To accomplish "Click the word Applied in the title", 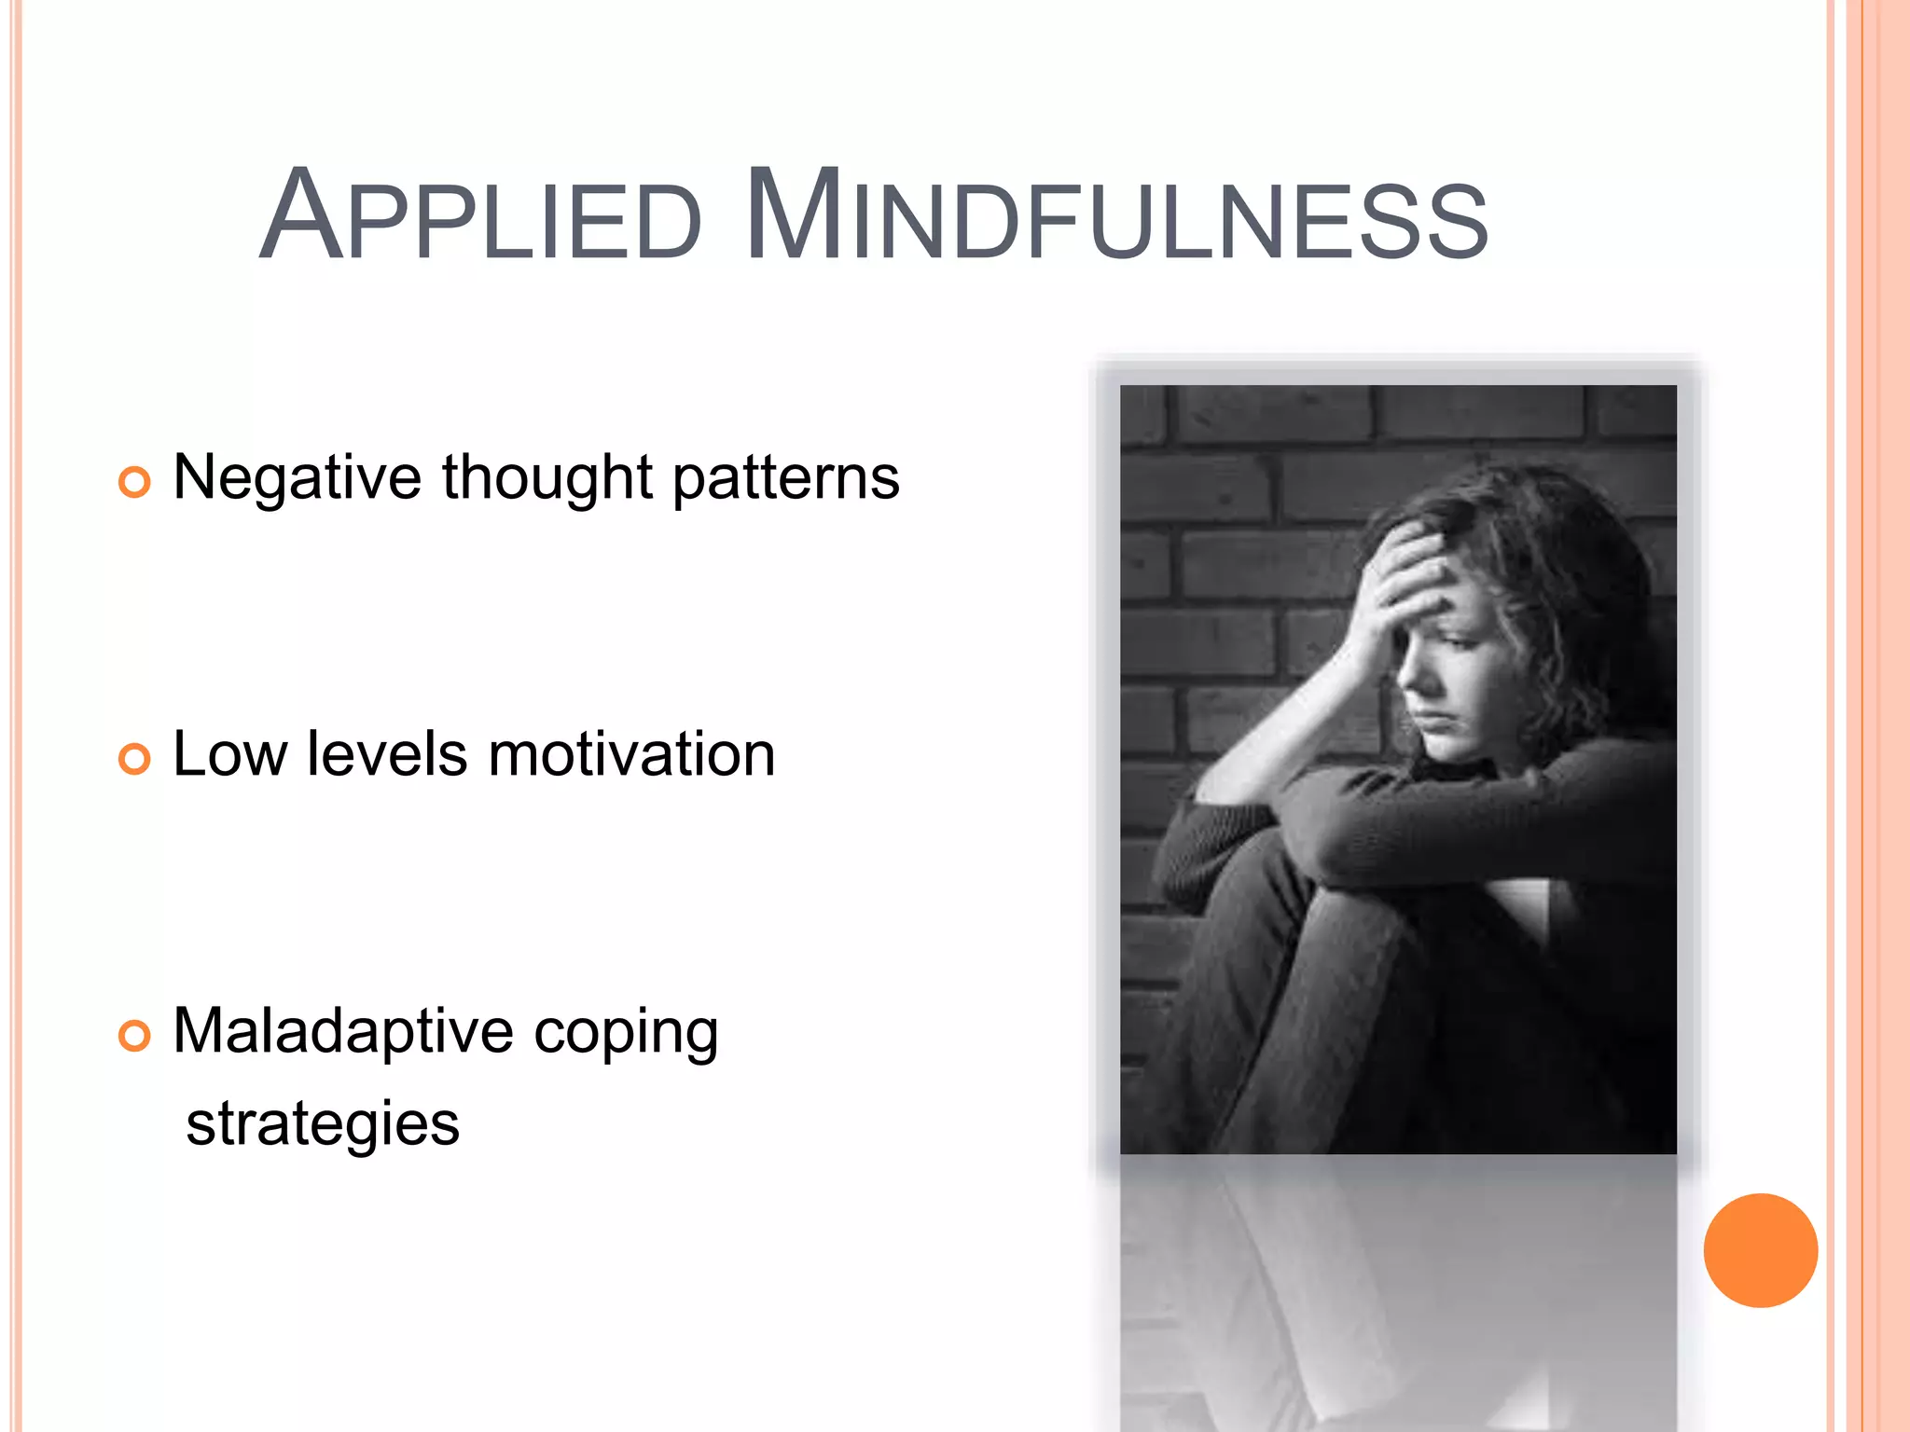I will tap(480, 216).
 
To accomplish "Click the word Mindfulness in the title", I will tap(1116, 216).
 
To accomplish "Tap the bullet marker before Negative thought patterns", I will tap(134, 482).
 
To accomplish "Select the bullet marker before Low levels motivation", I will tap(134, 759).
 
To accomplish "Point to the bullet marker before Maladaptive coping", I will tap(134, 1036).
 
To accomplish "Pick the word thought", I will tap(547, 477).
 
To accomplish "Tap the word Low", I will tap(229, 754).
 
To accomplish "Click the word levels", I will tap(387, 754).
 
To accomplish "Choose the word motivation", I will tap(631, 754).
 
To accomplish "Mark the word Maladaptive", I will tap(342, 1031).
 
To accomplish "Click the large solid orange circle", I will tap(1760, 1250).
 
